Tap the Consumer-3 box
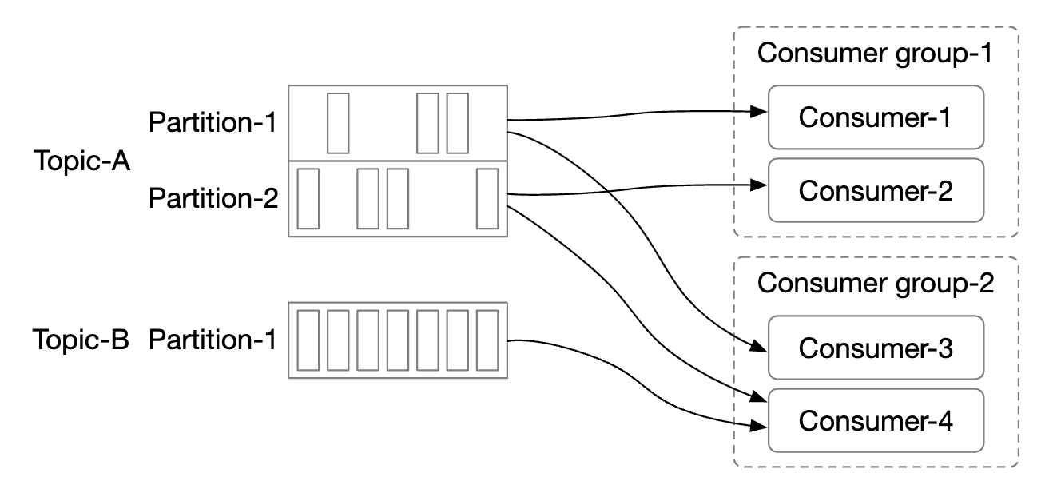(x=876, y=348)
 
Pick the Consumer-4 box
(x=876, y=420)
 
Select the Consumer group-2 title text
(x=876, y=284)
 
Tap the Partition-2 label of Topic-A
(x=213, y=197)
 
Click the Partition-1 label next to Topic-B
(x=213, y=340)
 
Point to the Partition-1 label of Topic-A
(x=213, y=123)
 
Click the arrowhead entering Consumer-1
(x=760, y=113)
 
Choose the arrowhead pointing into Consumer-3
(x=760, y=348)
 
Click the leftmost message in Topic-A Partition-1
(x=339, y=123)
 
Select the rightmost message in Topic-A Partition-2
(x=487, y=198)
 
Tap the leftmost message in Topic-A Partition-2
(x=308, y=198)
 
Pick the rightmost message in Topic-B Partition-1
(x=487, y=340)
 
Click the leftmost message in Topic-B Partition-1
(x=308, y=340)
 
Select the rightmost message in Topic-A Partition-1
(x=457, y=123)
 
